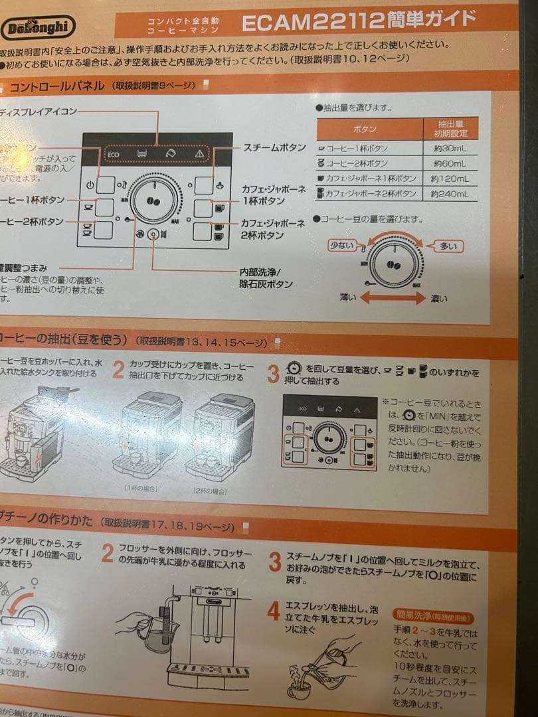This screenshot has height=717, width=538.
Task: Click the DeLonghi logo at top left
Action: (x=38, y=28)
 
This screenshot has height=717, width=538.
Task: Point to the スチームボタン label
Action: (x=274, y=147)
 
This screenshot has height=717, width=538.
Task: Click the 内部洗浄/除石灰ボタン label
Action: (x=266, y=278)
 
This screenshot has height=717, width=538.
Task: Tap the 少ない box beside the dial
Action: (x=343, y=245)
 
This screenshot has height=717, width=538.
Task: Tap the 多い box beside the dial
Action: (x=448, y=246)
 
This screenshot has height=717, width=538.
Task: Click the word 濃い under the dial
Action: (x=438, y=299)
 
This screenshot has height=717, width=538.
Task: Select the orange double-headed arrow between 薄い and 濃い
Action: (x=392, y=299)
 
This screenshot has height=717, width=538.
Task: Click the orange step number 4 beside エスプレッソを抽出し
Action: (x=273, y=611)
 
